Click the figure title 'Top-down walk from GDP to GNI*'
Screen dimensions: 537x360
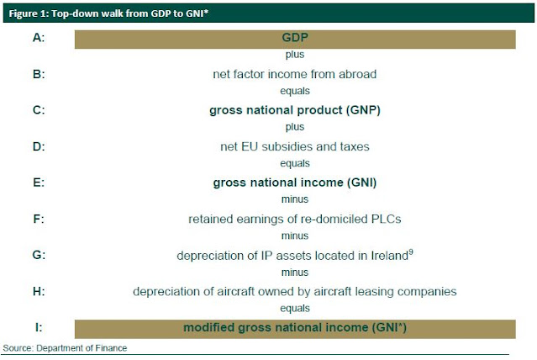point(129,13)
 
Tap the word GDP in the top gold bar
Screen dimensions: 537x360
point(295,37)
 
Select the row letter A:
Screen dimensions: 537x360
point(39,37)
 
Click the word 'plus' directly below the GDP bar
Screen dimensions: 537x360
point(295,55)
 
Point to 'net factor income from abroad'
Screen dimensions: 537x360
point(294,74)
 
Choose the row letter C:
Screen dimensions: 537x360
point(39,110)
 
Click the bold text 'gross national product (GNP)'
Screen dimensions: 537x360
point(295,110)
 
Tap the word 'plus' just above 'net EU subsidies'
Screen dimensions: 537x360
point(295,127)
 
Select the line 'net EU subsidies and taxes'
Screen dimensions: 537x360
point(295,146)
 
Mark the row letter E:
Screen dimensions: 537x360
point(39,183)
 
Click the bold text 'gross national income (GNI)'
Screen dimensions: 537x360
point(295,183)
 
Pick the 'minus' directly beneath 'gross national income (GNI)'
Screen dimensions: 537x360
point(295,199)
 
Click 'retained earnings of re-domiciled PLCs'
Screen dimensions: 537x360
point(294,219)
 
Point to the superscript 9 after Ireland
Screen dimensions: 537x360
point(411,252)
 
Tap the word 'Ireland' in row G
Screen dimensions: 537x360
point(390,256)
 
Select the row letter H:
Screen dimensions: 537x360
point(39,291)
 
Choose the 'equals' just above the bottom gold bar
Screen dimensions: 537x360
point(295,308)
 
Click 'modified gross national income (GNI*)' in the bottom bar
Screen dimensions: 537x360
point(295,327)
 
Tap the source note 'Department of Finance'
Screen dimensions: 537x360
point(82,348)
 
